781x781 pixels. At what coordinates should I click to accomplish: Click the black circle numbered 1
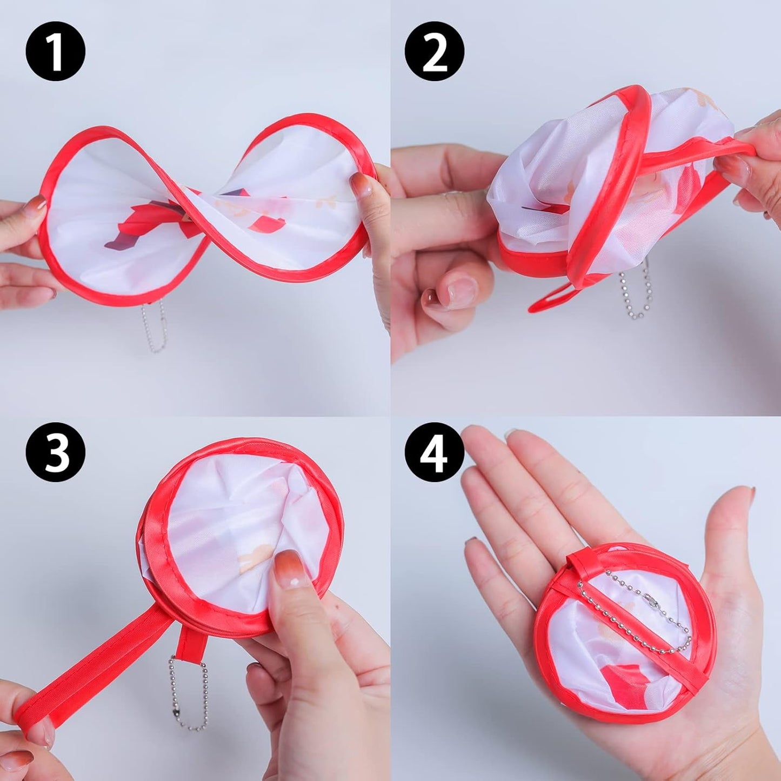point(55,51)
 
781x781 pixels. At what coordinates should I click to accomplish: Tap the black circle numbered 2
point(435,51)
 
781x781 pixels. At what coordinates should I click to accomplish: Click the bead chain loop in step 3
point(188,692)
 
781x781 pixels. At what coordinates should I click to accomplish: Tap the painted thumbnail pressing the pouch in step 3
point(290,568)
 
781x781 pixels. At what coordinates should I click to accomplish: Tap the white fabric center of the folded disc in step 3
point(232,519)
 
